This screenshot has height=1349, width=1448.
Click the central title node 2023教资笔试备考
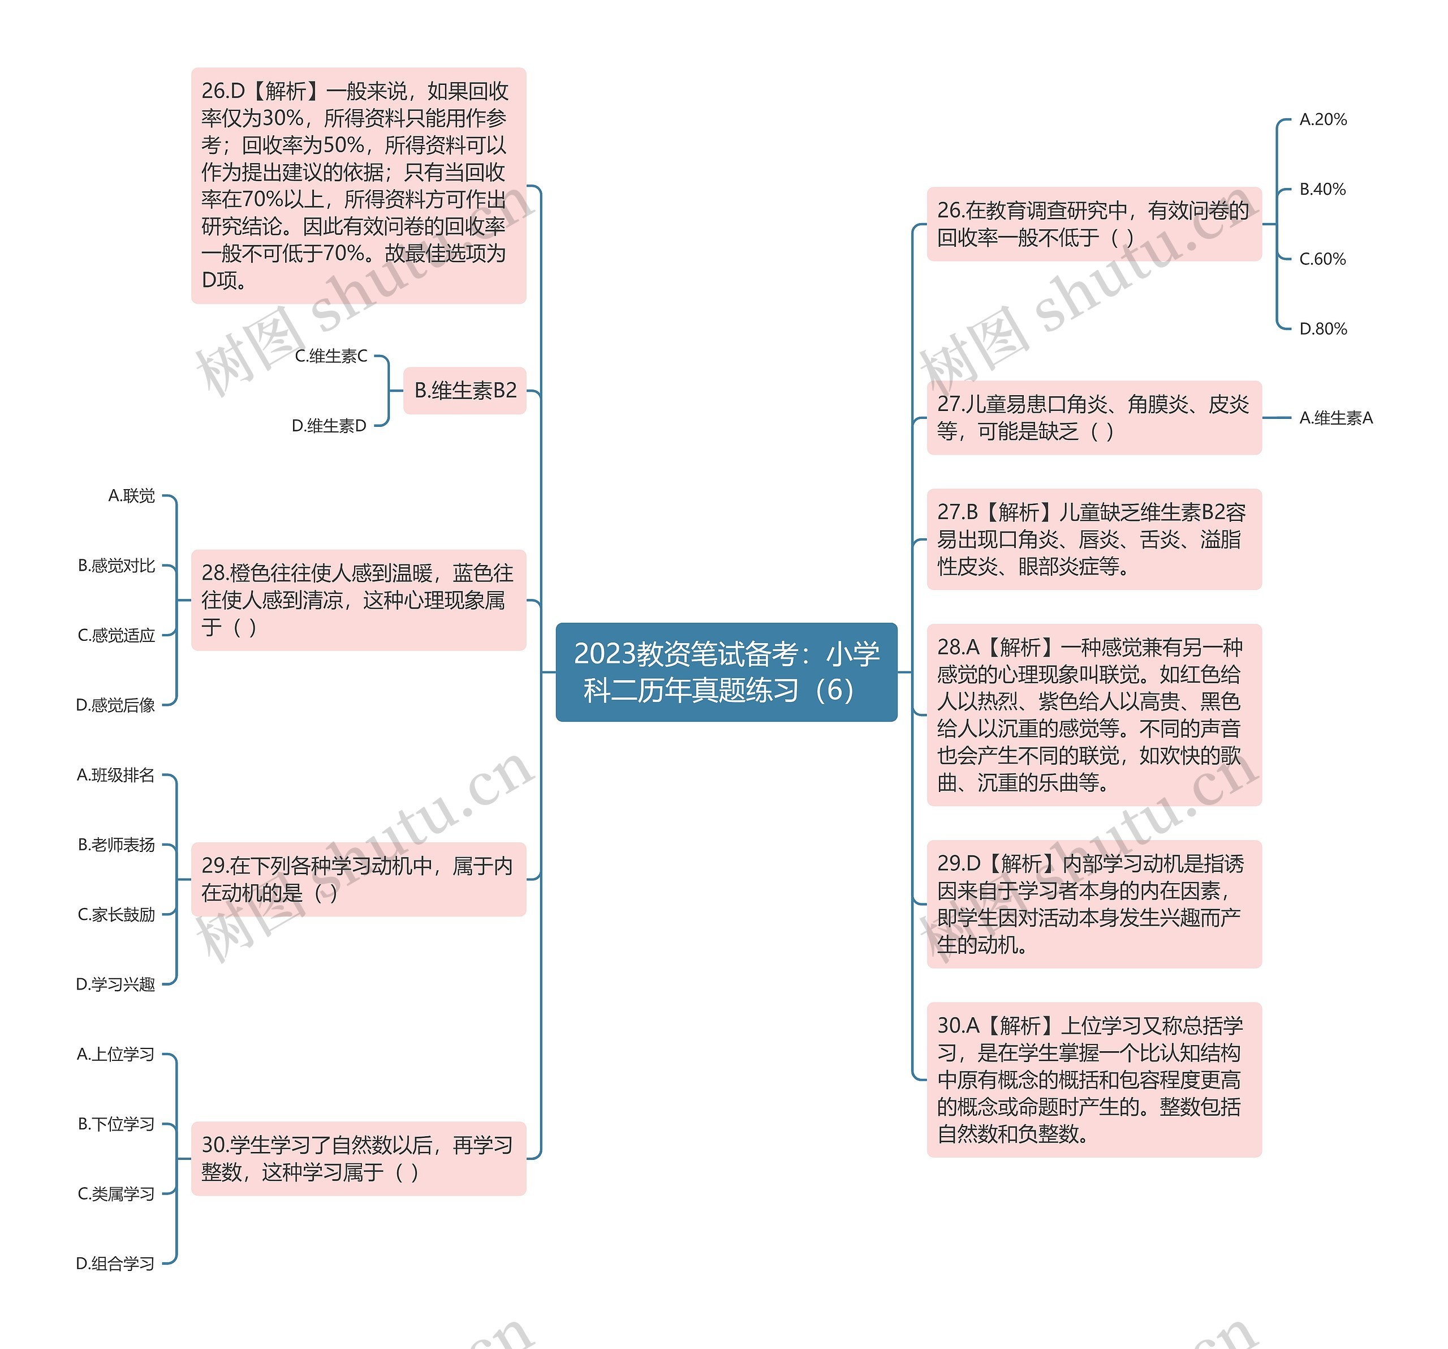(x=726, y=671)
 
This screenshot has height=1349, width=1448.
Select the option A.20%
(x=1323, y=119)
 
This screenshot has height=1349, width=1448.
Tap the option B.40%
(x=1322, y=190)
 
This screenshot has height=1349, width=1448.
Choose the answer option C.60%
(x=1322, y=259)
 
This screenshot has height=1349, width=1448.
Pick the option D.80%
(x=1323, y=329)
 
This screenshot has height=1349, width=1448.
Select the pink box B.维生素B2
(x=465, y=391)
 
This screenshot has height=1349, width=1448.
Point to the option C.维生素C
(x=331, y=357)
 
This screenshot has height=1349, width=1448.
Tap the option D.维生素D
(x=329, y=426)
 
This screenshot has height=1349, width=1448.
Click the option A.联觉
(x=131, y=496)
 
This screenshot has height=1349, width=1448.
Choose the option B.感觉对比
(x=117, y=566)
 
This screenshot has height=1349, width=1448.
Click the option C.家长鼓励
(x=116, y=915)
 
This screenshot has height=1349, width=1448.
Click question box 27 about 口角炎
(x=1093, y=418)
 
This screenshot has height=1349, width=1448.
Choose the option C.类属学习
(x=116, y=1194)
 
